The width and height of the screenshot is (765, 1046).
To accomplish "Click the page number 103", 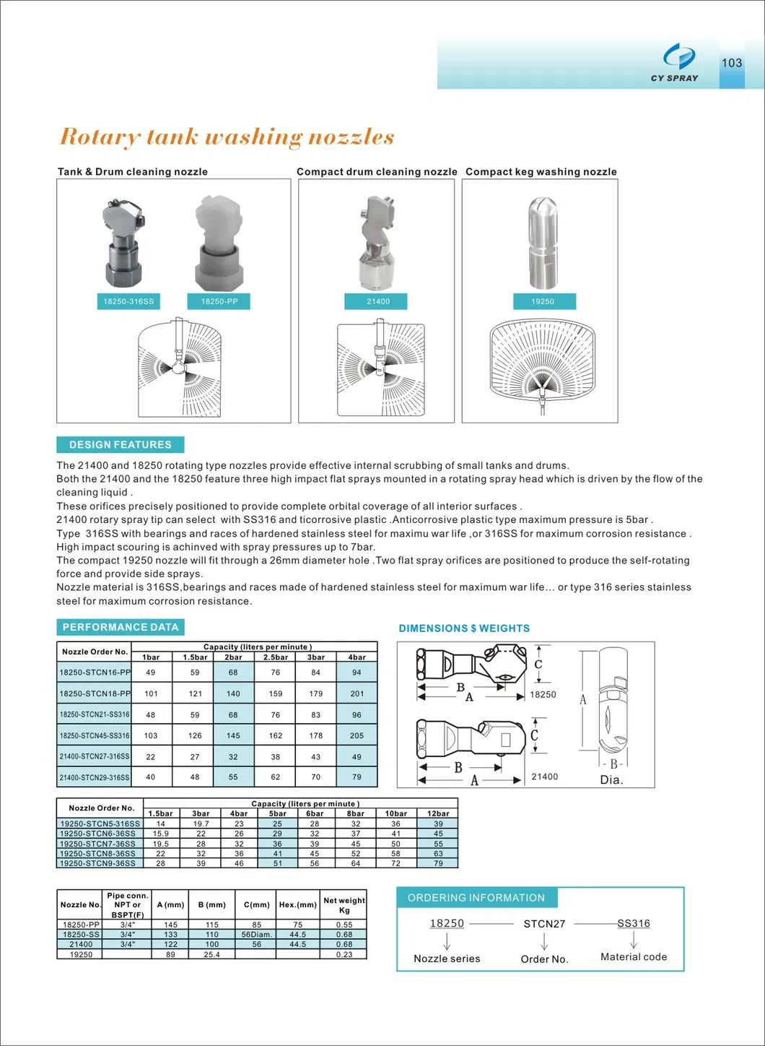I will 731,63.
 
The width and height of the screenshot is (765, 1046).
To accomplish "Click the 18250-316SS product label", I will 128,301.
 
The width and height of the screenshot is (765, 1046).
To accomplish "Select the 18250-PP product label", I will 219,301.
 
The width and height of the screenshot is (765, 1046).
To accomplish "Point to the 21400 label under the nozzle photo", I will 377,301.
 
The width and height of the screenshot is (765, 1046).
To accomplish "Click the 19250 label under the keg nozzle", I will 543,301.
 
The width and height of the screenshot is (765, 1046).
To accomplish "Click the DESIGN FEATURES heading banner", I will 120,444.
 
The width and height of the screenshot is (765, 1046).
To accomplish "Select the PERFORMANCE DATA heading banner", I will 120,627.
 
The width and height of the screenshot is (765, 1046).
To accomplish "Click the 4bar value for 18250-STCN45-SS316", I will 357,735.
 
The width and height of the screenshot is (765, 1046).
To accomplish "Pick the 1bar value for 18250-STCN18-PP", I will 151,693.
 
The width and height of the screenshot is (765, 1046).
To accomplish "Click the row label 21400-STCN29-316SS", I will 95,777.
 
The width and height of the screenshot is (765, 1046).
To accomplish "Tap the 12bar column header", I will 438,813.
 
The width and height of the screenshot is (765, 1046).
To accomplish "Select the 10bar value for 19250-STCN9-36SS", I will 395,863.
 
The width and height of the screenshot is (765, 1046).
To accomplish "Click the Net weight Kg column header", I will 344,905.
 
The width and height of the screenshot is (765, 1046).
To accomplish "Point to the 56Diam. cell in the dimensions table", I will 256,934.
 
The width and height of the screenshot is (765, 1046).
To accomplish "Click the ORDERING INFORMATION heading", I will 476,897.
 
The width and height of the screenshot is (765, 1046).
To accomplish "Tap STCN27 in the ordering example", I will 544,923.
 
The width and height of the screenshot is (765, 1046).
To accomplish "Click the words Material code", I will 634,956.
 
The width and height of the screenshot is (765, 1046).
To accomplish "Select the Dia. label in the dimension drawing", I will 611,779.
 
